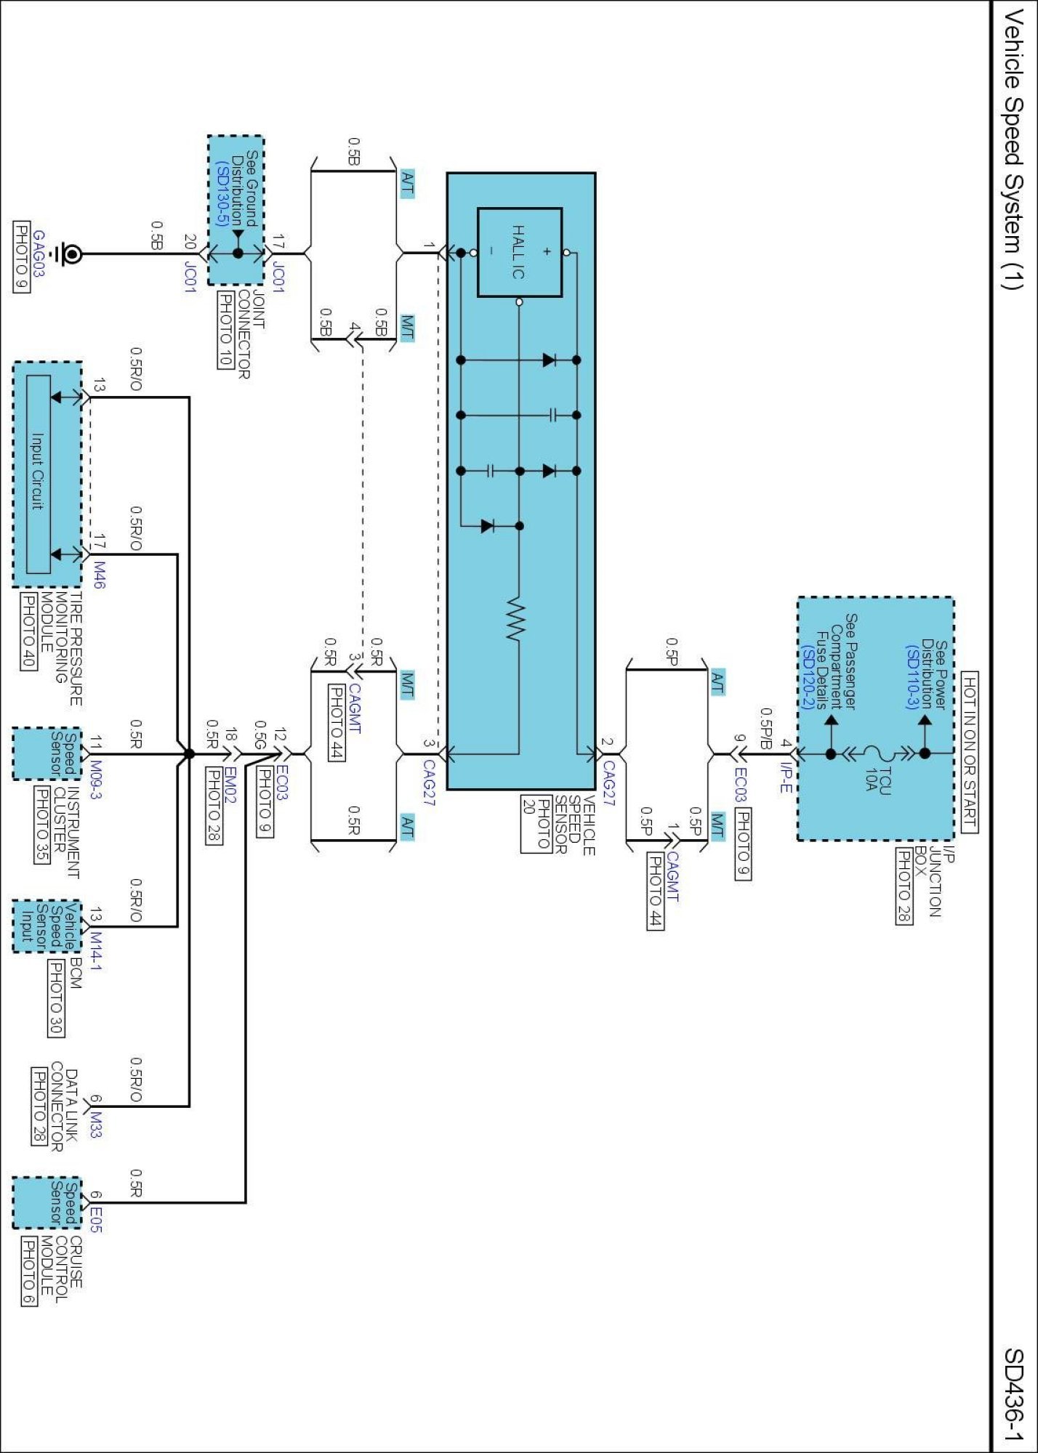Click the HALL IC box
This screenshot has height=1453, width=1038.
tap(519, 252)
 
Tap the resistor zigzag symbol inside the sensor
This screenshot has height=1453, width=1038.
tap(515, 620)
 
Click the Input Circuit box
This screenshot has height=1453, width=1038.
tap(38, 473)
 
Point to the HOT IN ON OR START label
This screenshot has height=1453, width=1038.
tap(970, 752)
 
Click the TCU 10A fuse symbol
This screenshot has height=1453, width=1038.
tap(872, 753)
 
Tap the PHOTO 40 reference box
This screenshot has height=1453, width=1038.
tap(28, 631)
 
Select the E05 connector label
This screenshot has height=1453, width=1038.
tap(97, 1219)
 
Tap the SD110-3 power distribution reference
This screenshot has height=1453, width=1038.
tap(912, 676)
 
